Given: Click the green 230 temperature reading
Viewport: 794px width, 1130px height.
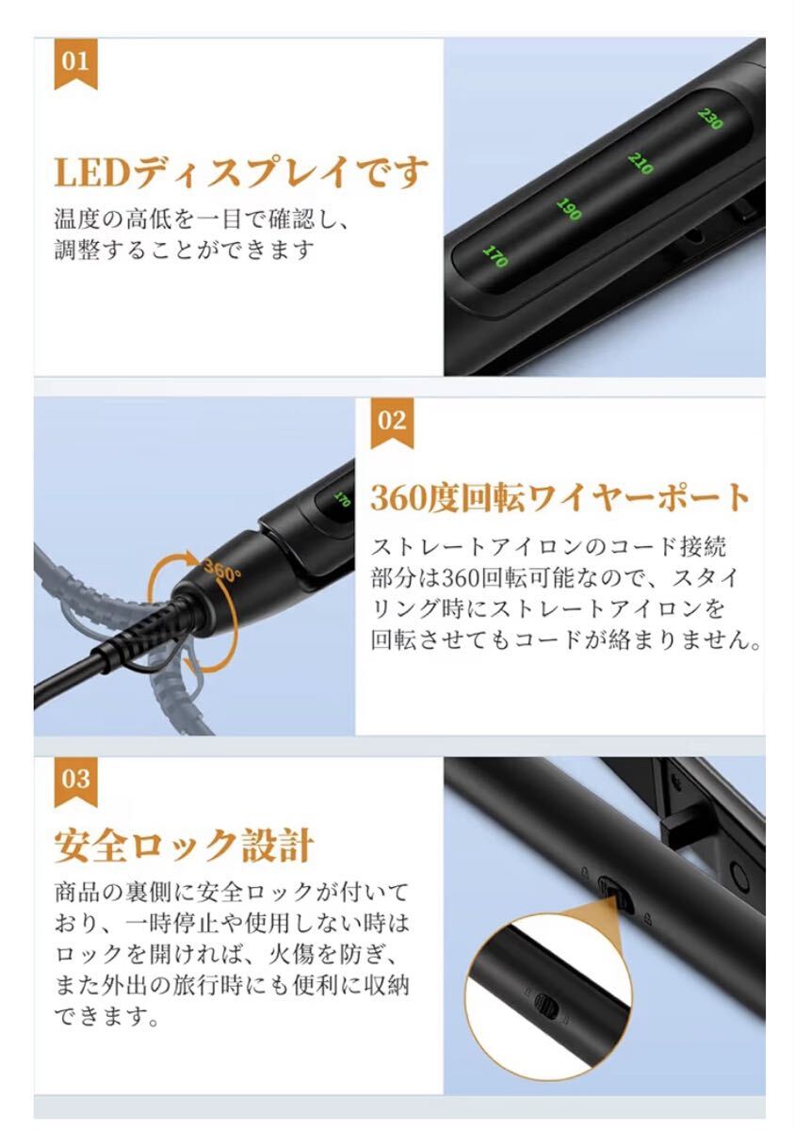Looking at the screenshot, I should tap(710, 120).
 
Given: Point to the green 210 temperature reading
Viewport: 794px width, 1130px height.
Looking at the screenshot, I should tap(640, 163).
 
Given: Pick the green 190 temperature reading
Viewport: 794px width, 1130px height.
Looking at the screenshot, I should tap(568, 209).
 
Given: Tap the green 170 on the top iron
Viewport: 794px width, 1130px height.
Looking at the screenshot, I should tap(494, 255).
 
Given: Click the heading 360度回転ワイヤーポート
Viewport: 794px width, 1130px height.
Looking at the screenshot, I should tap(560, 497).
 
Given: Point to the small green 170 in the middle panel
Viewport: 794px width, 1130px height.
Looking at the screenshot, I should tap(342, 499).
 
